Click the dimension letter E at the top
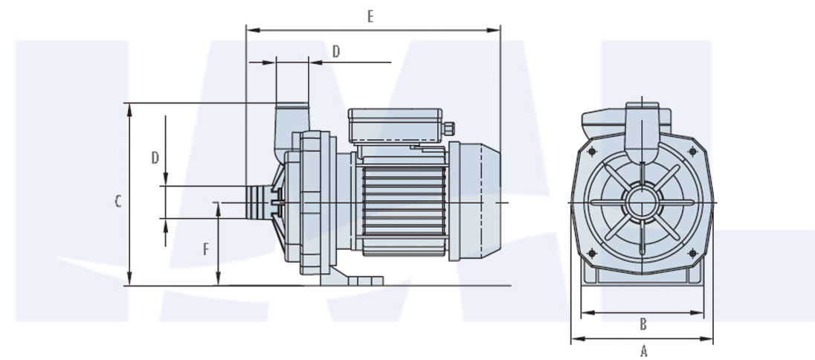pos(370,16)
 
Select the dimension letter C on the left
pos(117,201)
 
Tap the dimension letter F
pos(206,249)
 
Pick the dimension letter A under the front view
pos(644,350)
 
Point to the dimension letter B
pos(643,324)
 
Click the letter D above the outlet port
pos(336,51)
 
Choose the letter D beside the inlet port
pos(155,158)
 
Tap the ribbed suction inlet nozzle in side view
pos(257,202)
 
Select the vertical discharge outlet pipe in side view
pos(291,123)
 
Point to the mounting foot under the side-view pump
pos(349,279)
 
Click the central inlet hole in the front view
pos(642,202)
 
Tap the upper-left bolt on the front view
pos(592,152)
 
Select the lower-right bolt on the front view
pos(693,253)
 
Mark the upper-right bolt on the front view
pos(693,151)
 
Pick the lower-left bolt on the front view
pos(592,253)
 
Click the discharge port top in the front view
pos(642,112)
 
